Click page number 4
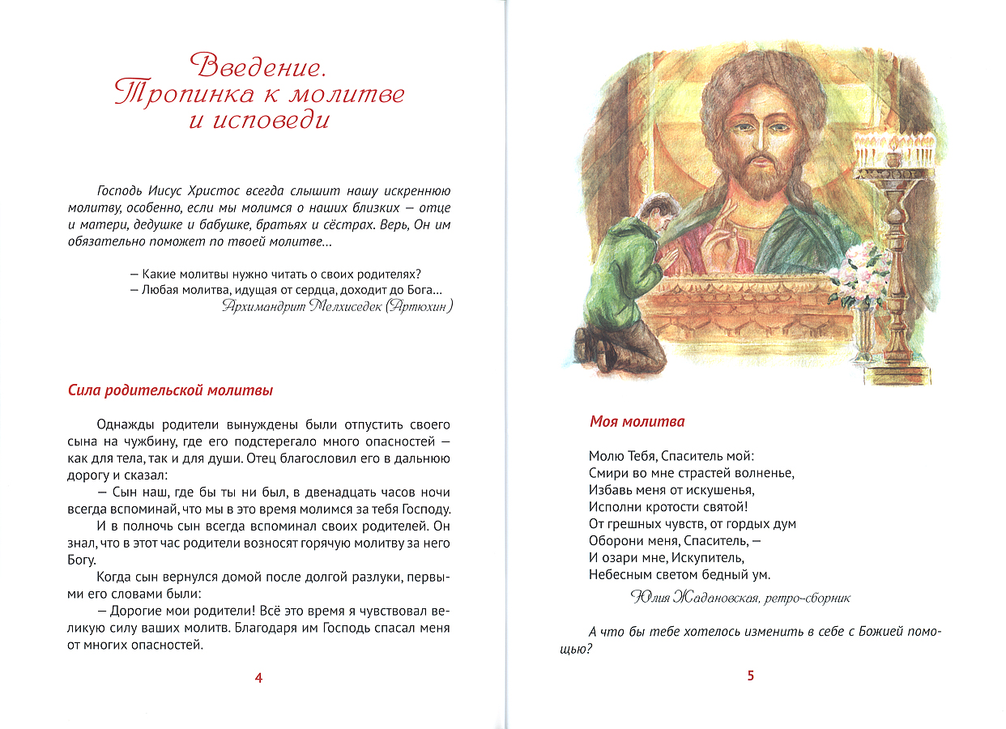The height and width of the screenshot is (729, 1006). (258, 678)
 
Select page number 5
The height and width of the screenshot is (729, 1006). (750, 676)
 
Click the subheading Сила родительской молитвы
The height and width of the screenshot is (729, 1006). (170, 390)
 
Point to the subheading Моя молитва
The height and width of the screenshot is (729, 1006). (637, 422)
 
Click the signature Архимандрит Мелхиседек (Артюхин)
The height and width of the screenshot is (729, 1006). (335, 306)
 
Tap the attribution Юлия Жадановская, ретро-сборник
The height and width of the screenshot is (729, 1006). (740, 598)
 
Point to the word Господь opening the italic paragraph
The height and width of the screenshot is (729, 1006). (119, 191)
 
